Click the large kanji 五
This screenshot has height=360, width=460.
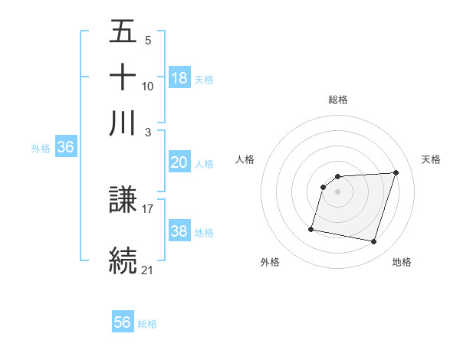tap(123, 32)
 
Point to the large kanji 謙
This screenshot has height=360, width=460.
tap(123, 201)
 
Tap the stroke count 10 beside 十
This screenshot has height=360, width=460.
tap(148, 87)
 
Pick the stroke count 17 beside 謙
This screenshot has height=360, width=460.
tap(148, 208)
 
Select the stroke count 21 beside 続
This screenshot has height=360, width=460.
tap(148, 269)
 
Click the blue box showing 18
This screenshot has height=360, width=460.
tap(179, 77)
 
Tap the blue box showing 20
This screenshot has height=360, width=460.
tap(179, 162)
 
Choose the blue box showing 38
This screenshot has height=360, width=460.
tap(179, 231)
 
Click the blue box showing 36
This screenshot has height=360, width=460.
tap(65, 148)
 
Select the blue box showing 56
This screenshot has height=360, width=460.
tap(123, 322)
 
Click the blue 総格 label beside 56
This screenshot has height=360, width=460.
tap(147, 324)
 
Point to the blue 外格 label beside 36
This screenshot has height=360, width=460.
tap(40, 149)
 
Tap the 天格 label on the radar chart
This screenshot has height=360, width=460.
tap(431, 159)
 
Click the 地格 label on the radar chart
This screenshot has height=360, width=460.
tap(402, 262)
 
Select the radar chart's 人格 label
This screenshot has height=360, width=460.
tap(245, 159)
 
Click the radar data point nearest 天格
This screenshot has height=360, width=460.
tap(396, 173)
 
